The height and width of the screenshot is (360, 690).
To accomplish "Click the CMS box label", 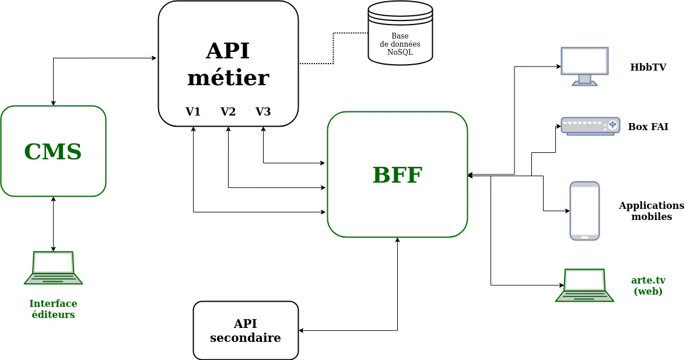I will click(x=53, y=152).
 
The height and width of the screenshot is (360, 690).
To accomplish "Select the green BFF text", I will click(x=397, y=175).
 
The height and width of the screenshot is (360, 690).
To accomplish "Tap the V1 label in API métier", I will click(x=193, y=111).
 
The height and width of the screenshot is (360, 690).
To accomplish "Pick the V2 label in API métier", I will click(x=228, y=111).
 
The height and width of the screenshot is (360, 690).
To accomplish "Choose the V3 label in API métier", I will click(x=263, y=111).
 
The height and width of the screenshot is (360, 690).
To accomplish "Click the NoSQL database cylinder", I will click(x=400, y=33).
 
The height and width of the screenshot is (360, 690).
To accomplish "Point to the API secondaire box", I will click(x=246, y=331).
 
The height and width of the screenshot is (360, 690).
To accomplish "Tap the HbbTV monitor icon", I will click(x=584, y=66).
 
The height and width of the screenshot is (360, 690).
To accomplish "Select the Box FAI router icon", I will click(x=590, y=125).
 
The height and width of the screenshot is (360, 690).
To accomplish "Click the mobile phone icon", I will click(x=584, y=211).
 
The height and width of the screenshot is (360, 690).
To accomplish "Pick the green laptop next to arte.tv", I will click(x=584, y=285).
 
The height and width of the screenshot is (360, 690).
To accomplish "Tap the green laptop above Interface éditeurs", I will click(x=53, y=268).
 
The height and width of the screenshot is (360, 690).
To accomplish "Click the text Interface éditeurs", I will click(x=53, y=309).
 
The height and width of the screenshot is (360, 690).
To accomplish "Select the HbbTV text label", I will click(x=648, y=67).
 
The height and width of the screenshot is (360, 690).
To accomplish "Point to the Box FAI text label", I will click(x=648, y=127).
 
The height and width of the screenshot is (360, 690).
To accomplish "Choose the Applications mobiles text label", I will click(x=652, y=211).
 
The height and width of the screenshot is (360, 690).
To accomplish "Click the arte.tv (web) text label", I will click(x=648, y=286).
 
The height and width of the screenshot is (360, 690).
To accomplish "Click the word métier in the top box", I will click(x=228, y=78).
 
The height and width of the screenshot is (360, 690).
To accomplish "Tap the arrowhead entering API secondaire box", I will click(x=302, y=331).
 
